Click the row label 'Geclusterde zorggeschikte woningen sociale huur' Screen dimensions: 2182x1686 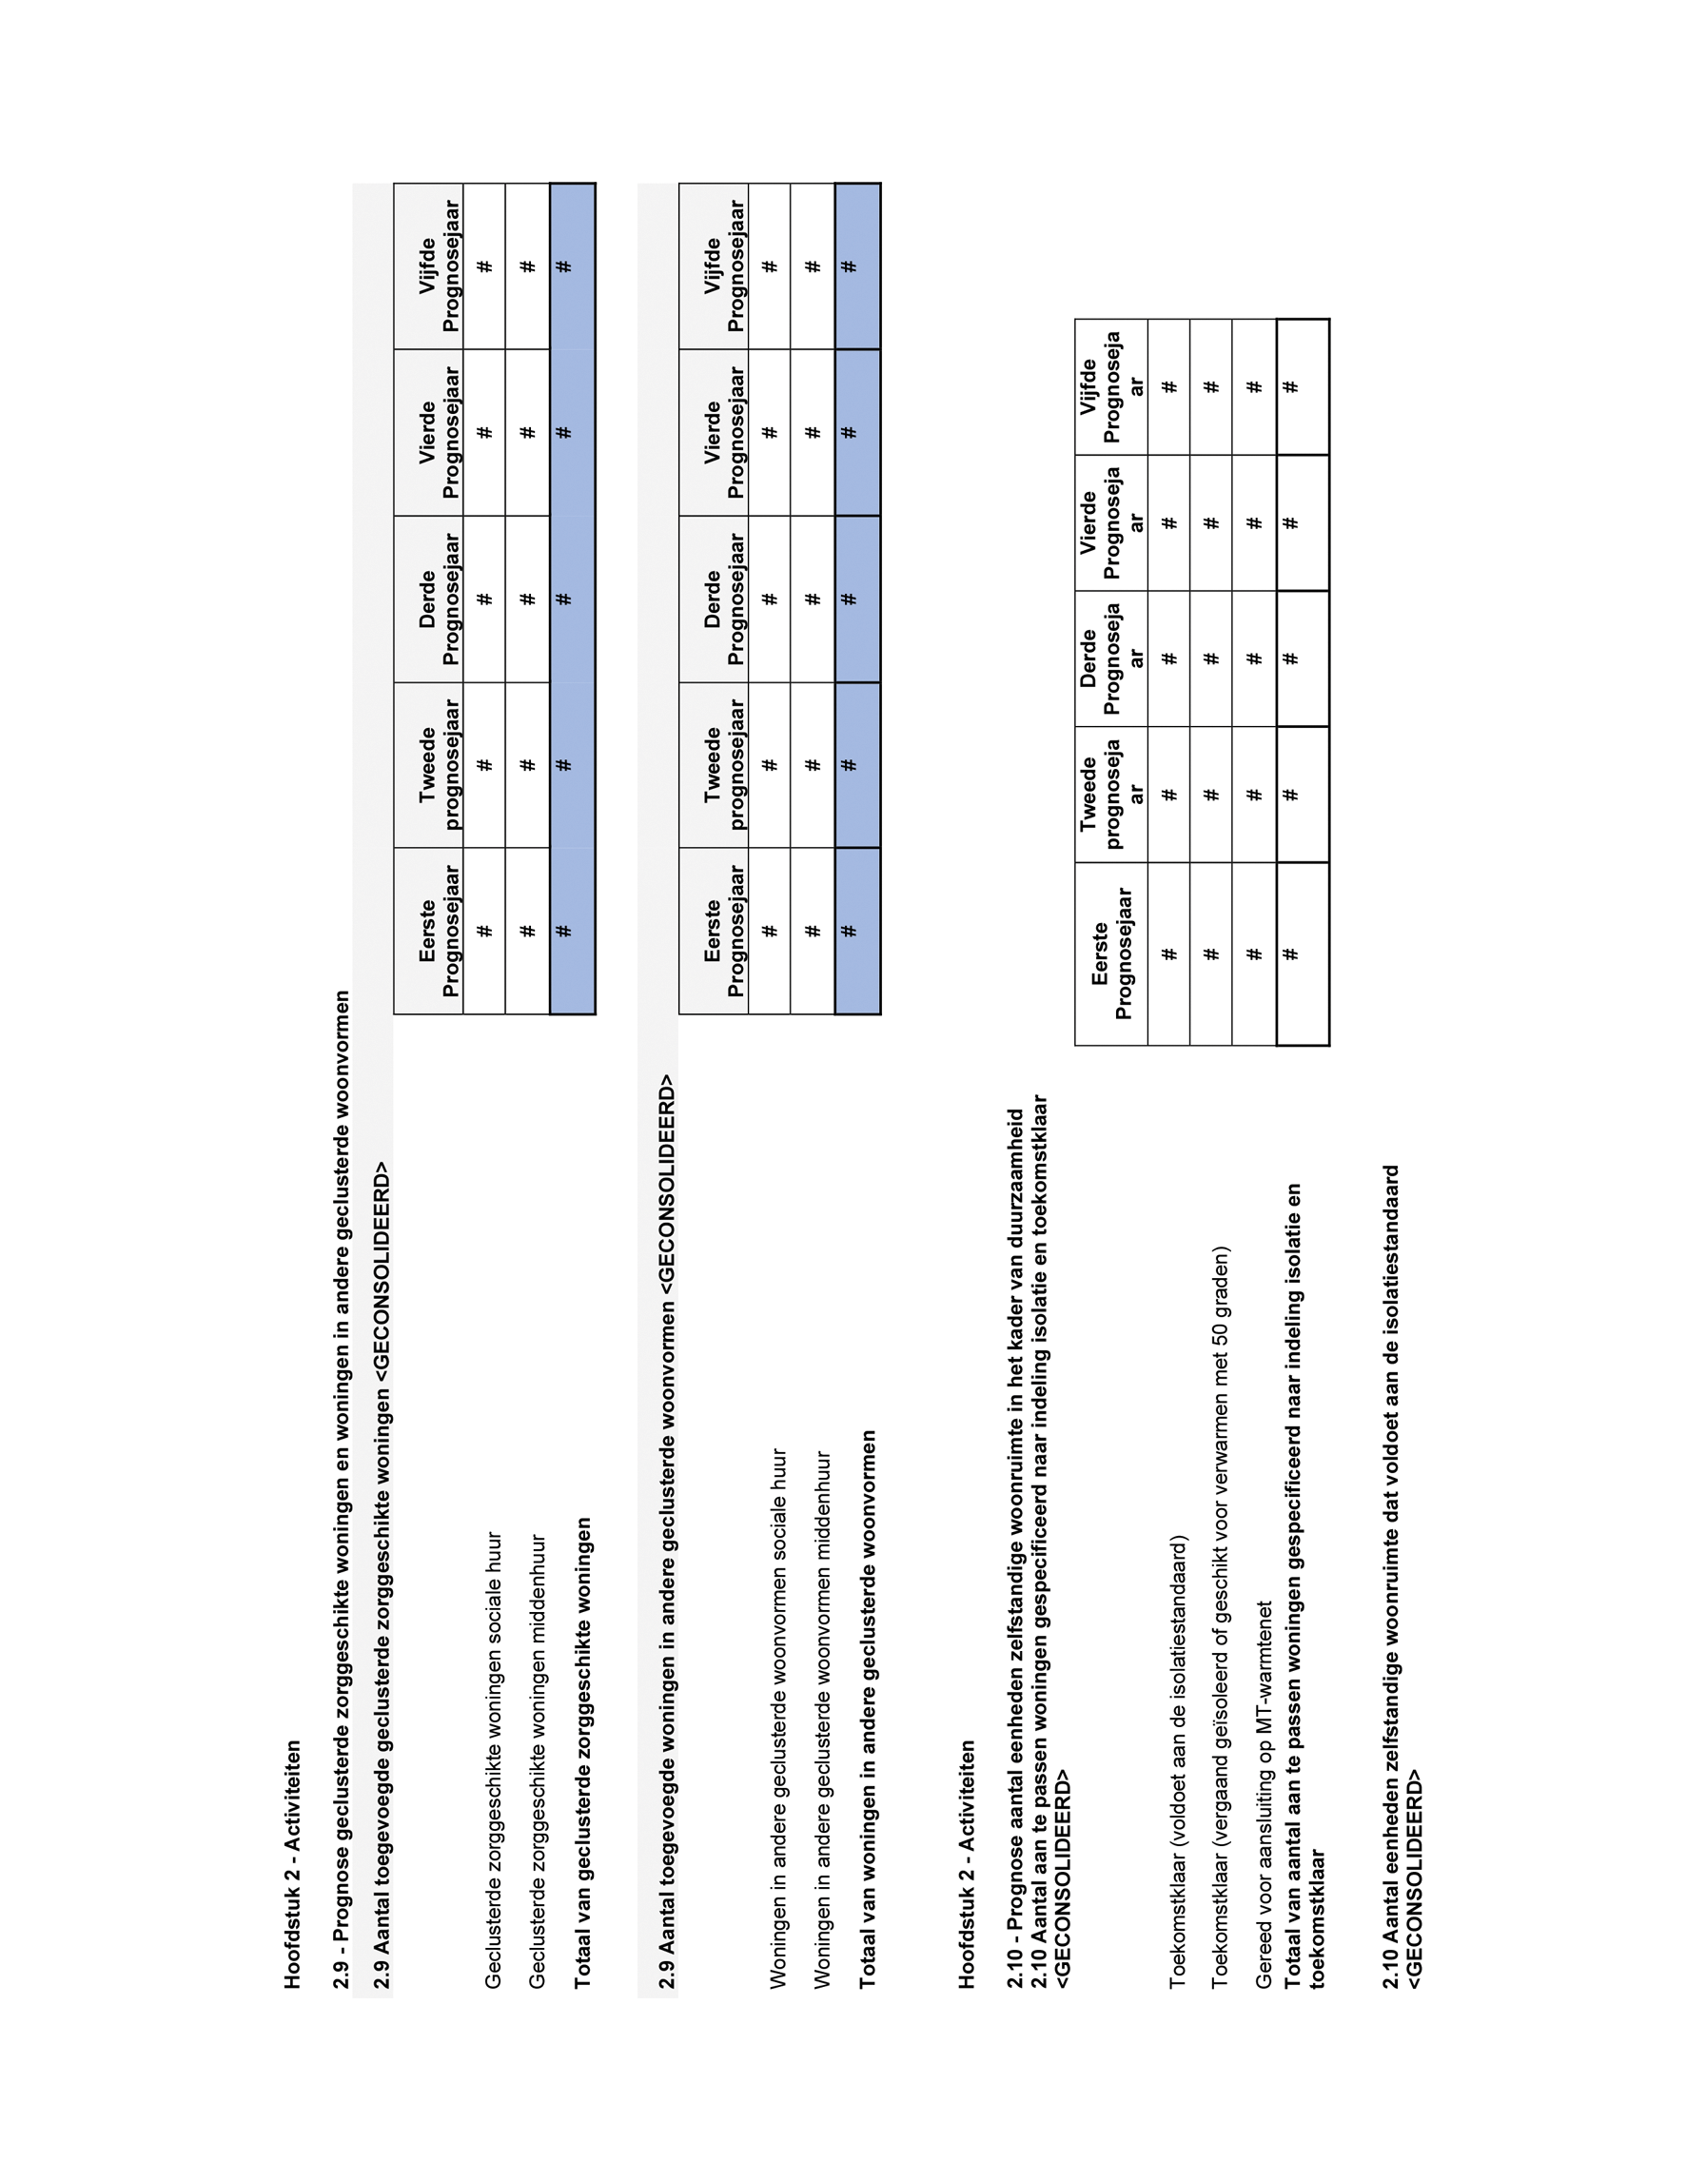point(493,1759)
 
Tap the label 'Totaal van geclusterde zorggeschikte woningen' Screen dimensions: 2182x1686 point(582,1751)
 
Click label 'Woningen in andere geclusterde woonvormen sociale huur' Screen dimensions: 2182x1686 point(778,1718)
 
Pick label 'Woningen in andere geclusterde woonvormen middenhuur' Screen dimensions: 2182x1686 point(822,1720)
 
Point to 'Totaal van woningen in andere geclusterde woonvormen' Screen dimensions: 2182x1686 point(867,1708)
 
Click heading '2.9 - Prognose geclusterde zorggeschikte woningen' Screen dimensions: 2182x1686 point(342,1488)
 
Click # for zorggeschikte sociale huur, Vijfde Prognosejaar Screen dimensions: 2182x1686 point(484,265)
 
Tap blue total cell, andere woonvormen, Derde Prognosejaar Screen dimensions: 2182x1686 point(849,599)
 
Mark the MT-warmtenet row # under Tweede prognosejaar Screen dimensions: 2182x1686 point(1255,795)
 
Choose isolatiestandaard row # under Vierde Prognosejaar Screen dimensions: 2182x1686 point(1169,522)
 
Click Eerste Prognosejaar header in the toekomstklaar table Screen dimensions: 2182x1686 point(1111,953)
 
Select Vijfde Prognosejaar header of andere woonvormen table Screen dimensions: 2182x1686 point(724,265)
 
